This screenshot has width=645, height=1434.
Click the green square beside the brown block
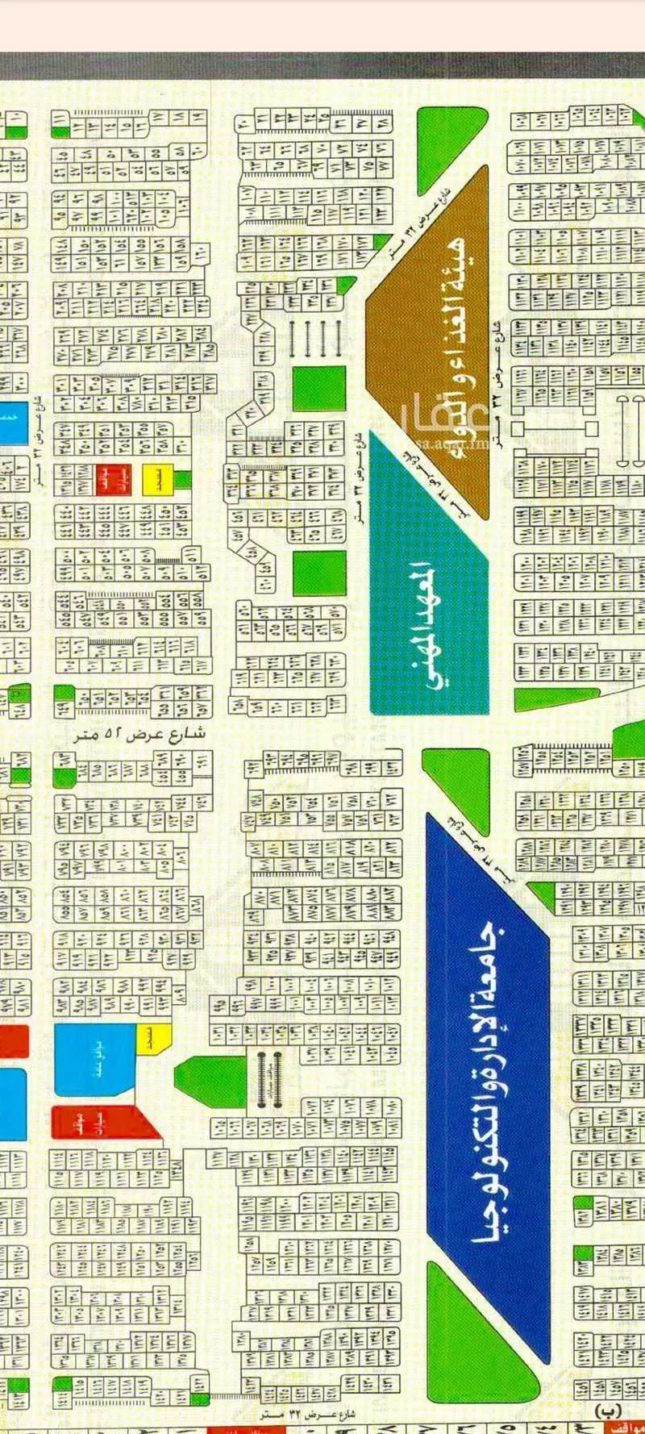pos(318,392)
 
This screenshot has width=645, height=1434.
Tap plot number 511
pos(193,556)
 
